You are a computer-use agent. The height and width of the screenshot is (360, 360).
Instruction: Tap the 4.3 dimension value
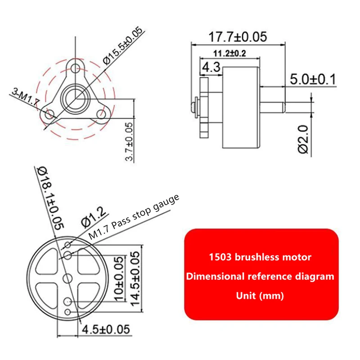[x=211, y=68]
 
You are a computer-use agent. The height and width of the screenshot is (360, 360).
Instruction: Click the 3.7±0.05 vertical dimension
[x=130, y=142]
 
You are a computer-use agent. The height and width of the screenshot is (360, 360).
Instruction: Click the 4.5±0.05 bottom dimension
[x=106, y=329]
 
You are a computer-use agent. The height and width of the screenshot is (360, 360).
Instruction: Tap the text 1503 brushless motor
[x=261, y=257]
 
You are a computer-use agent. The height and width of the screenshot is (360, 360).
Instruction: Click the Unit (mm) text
[x=261, y=296]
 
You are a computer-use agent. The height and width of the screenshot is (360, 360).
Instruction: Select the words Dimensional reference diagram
[x=261, y=276]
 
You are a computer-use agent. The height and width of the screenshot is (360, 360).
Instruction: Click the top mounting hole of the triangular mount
[x=76, y=69]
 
